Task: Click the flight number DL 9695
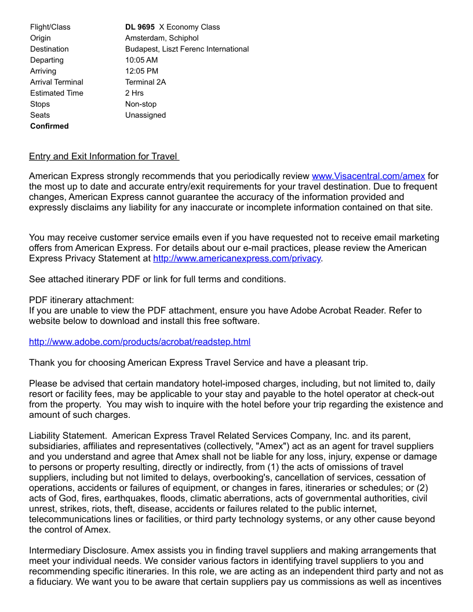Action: click(140, 27)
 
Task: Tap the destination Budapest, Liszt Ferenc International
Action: click(187, 49)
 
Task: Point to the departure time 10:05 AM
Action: click(141, 60)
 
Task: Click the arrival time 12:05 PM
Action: click(141, 71)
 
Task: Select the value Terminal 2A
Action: click(145, 82)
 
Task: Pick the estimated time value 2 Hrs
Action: click(134, 93)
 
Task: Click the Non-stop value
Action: click(141, 104)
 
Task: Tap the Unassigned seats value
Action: click(145, 115)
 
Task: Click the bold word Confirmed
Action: click(49, 126)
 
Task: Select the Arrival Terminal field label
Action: click(57, 82)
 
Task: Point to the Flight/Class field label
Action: click(50, 27)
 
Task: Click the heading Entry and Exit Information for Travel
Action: click(104, 156)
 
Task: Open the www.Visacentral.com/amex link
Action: click(368, 176)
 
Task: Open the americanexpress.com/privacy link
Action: click(237, 258)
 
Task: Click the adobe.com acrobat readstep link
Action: click(140, 342)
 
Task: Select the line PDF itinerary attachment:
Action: click(81, 300)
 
